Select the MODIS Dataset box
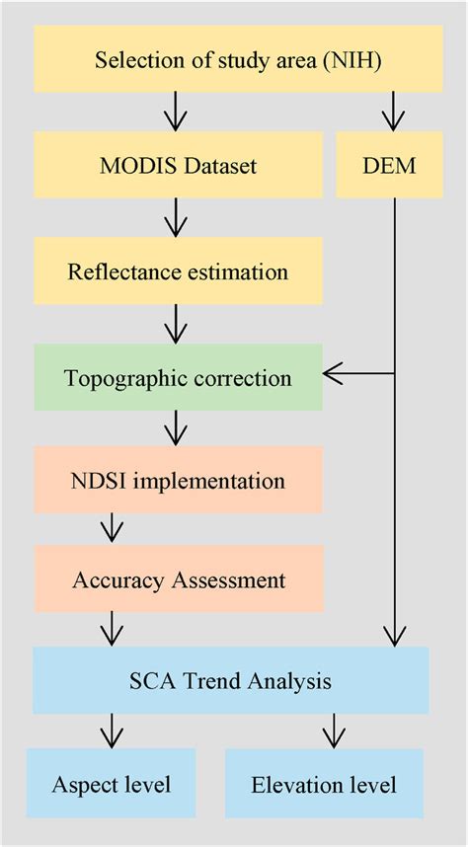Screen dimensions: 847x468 (x=178, y=165)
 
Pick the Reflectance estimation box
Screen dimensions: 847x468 (x=178, y=270)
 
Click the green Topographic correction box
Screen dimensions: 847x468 (x=178, y=377)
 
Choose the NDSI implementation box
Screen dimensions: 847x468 (x=178, y=481)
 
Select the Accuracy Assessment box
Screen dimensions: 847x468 (x=178, y=578)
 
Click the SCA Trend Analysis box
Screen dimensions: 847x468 (x=231, y=680)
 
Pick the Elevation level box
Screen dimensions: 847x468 (x=324, y=784)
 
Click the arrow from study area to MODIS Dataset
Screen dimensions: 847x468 (x=175, y=112)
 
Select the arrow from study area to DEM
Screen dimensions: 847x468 (x=393, y=112)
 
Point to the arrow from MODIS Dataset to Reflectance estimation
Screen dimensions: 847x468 (x=175, y=217)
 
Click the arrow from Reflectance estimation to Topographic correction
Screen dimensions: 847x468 (x=175, y=323)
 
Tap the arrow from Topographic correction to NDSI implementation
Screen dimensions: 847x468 (x=175, y=427)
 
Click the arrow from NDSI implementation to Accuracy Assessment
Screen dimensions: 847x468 (x=112, y=528)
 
